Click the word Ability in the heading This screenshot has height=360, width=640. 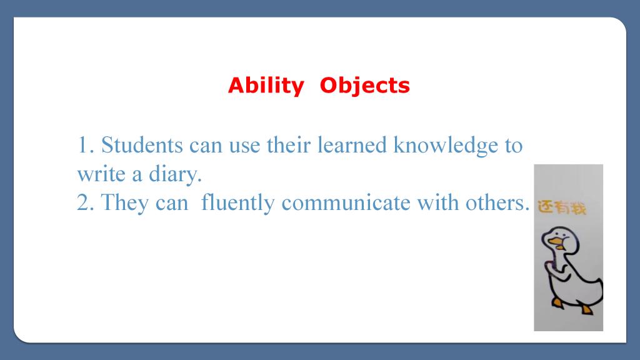pyautogui.click(x=266, y=86)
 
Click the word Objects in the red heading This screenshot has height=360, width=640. pyautogui.click(x=364, y=86)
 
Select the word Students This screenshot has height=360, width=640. pyautogui.click(x=142, y=145)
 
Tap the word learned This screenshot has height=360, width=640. pyautogui.click(x=352, y=145)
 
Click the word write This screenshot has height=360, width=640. pyautogui.click(x=101, y=174)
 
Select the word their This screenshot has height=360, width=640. pyautogui.click(x=289, y=145)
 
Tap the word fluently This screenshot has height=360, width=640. pyautogui.click(x=237, y=203)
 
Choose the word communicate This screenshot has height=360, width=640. pyautogui.click(x=346, y=203)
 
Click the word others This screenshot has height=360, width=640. pyautogui.click(x=497, y=203)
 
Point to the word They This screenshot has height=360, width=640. pyautogui.click(x=124, y=203)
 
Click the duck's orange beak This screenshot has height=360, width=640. pyautogui.click(x=556, y=243)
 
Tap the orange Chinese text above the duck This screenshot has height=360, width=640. pyautogui.click(x=562, y=207)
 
